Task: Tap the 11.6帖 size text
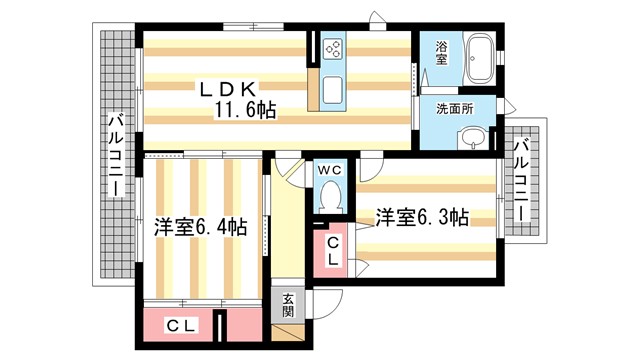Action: (x=243, y=109)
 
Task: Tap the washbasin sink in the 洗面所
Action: (x=474, y=138)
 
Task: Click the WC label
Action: (x=329, y=169)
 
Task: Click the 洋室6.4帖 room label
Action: (x=200, y=227)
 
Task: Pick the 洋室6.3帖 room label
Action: (x=421, y=216)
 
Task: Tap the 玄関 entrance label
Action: (x=287, y=302)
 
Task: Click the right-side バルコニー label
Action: (x=521, y=180)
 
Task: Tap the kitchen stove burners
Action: (x=333, y=49)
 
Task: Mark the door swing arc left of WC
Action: (x=291, y=170)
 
